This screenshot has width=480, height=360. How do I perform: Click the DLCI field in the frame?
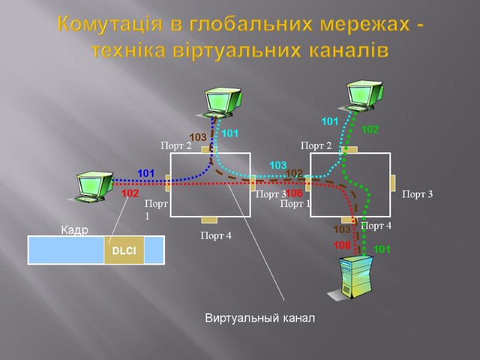[124, 250]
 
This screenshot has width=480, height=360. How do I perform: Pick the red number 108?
[341, 245]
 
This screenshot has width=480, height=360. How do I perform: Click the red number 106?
[294, 194]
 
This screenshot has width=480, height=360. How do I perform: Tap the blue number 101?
[146, 173]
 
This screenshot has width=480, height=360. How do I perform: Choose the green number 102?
[370, 129]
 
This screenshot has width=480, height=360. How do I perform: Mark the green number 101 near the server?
[382, 249]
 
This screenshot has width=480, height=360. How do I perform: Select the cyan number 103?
[278, 164]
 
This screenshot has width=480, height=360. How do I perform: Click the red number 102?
[130, 194]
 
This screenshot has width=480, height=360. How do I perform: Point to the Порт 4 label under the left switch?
[215, 236]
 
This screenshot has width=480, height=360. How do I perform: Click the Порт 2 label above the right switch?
[316, 145]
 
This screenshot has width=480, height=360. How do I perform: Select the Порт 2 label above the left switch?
[176, 145]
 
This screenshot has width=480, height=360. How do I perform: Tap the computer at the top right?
[365, 94]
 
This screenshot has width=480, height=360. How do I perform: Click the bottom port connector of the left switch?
[209, 220]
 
